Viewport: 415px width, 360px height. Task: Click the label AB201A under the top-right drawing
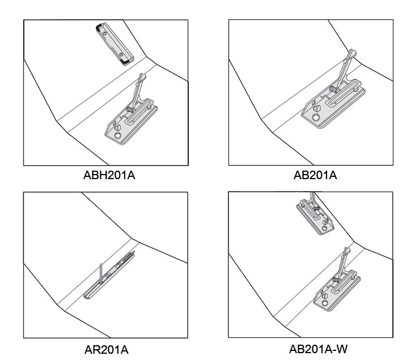point(315,175)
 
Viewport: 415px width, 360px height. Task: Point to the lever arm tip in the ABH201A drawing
point(142,77)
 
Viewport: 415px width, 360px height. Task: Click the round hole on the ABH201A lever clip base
point(117,135)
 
